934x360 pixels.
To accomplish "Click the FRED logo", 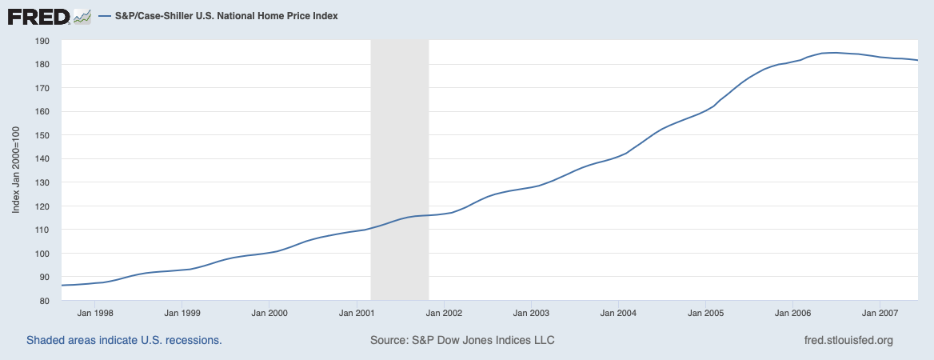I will [x=38, y=16].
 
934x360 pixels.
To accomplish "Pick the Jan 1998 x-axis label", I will [x=95, y=313].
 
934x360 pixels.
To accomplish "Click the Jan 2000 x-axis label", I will [x=269, y=313].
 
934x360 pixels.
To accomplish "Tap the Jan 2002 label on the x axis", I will [x=444, y=313].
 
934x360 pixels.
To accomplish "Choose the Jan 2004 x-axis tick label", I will [x=618, y=313].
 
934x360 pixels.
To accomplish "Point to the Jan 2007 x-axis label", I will [x=880, y=313].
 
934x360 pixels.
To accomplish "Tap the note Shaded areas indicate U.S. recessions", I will [x=124, y=341].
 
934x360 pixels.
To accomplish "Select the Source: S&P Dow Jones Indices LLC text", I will [x=462, y=341].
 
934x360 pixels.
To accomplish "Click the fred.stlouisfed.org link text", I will [x=848, y=341].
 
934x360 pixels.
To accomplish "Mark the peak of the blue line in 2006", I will [x=833, y=53].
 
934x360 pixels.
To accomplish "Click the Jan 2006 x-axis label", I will [x=792, y=313].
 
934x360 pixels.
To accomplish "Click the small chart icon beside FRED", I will [x=82, y=16].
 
